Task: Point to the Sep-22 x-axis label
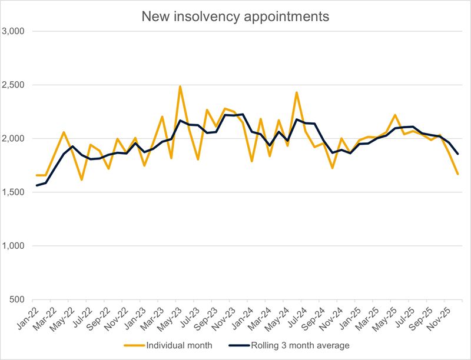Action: (x=102, y=316)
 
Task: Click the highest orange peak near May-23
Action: (x=180, y=86)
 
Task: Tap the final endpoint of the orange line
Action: (x=457, y=174)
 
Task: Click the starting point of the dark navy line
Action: (x=37, y=185)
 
